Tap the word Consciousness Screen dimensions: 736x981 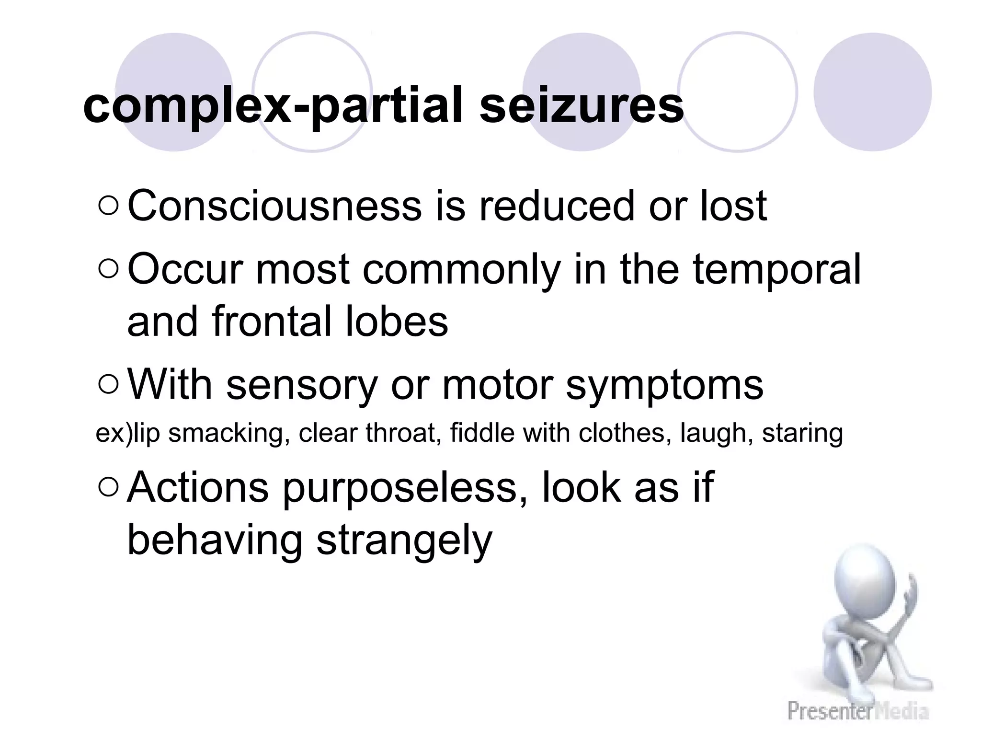pyautogui.click(x=274, y=206)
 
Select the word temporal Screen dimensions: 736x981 pyautogui.click(x=776, y=270)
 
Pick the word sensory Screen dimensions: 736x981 pyautogui.click(x=302, y=386)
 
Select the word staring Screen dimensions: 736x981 pyautogui.click(x=802, y=434)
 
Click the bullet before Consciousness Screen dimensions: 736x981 pyautogui.click(x=108, y=207)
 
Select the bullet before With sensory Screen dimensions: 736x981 pyautogui.click(x=108, y=385)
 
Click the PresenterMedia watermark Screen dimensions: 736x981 pyautogui.click(x=858, y=710)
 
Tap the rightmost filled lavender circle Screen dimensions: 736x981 pyautogui.click(x=872, y=92)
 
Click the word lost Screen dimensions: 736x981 pyautogui.click(x=733, y=206)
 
